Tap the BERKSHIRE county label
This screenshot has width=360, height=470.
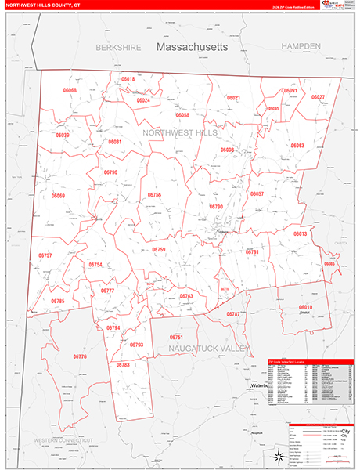(x=118, y=48)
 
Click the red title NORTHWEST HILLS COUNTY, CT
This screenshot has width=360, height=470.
(x=45, y=5)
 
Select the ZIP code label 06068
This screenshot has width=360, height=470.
(x=70, y=91)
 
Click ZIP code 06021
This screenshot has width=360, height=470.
(x=233, y=98)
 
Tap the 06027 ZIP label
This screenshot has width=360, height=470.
(x=318, y=97)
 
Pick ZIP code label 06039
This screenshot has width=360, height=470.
(x=63, y=135)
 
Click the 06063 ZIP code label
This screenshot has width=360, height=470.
(x=297, y=146)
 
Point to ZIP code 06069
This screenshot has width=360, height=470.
(x=59, y=196)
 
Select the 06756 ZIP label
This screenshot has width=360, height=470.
(x=154, y=194)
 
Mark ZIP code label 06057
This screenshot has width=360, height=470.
(x=257, y=193)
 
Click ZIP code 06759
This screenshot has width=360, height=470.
(x=159, y=250)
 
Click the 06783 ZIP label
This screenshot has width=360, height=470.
(x=123, y=365)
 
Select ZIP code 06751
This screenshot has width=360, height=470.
(x=177, y=337)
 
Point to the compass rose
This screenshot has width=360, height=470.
(x=277, y=457)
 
